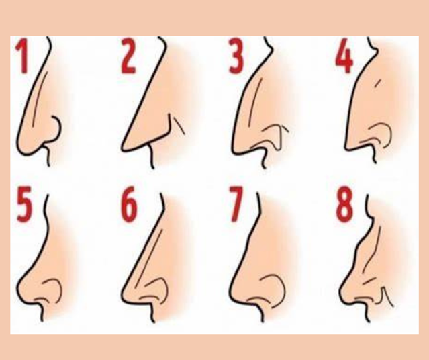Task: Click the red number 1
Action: click(22, 56)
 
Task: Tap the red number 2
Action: click(129, 56)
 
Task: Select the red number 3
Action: click(236, 56)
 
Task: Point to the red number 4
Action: click(344, 56)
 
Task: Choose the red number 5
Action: click(24, 204)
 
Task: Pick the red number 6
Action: click(129, 204)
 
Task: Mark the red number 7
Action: click(236, 204)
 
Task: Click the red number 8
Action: click(344, 204)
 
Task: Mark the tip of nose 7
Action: click(231, 290)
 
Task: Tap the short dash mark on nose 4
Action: click(377, 83)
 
